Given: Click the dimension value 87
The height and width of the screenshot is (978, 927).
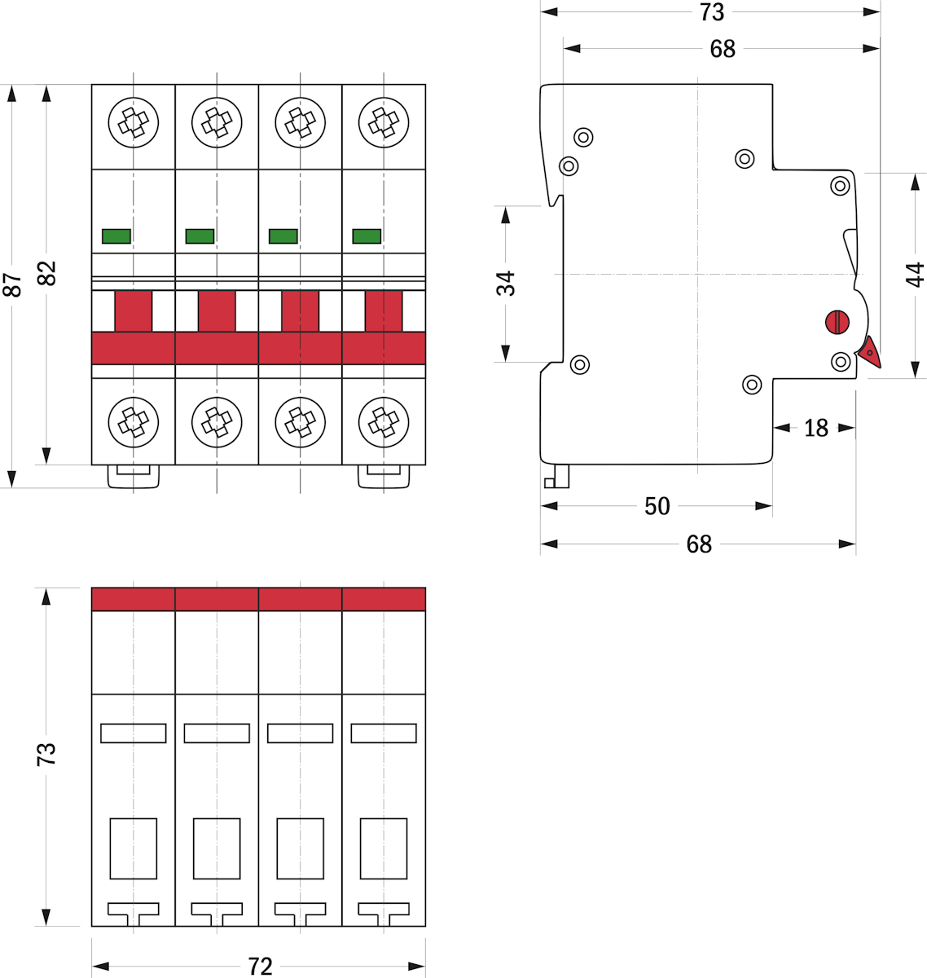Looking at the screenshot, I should [x=12, y=285].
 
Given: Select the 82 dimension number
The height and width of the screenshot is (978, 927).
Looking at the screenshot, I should [x=47, y=273].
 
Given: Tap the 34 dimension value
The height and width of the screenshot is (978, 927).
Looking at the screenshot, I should [x=506, y=284].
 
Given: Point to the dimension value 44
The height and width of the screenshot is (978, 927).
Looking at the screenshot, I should [x=916, y=275].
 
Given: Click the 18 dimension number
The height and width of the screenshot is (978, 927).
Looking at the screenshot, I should [x=815, y=428].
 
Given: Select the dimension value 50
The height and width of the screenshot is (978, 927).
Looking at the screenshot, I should [x=657, y=506].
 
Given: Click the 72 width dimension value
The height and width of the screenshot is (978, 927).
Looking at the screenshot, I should [x=260, y=967].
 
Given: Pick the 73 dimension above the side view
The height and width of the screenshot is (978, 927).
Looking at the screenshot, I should [x=711, y=12].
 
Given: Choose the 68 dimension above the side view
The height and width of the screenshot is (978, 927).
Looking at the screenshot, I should [x=723, y=49].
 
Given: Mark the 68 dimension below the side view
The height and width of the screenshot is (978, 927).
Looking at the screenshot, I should [x=699, y=544].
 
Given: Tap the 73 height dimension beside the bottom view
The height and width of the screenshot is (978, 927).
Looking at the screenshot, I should [x=47, y=754].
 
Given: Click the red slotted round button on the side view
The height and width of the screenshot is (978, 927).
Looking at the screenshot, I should [x=837, y=322].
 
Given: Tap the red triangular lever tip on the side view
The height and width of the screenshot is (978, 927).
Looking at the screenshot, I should [x=869, y=352].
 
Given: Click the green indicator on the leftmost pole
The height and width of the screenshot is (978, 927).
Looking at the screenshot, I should [x=116, y=236].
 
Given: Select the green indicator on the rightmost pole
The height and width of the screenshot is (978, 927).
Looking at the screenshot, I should [x=367, y=236].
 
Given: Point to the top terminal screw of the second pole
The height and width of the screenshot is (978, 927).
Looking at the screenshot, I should [x=217, y=122].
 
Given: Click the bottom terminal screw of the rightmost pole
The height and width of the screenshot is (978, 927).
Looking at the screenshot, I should [x=384, y=422].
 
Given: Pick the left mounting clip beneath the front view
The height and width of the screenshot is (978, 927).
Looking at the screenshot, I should [x=134, y=477].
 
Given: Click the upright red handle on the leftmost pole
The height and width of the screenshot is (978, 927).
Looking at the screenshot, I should [x=134, y=311].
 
